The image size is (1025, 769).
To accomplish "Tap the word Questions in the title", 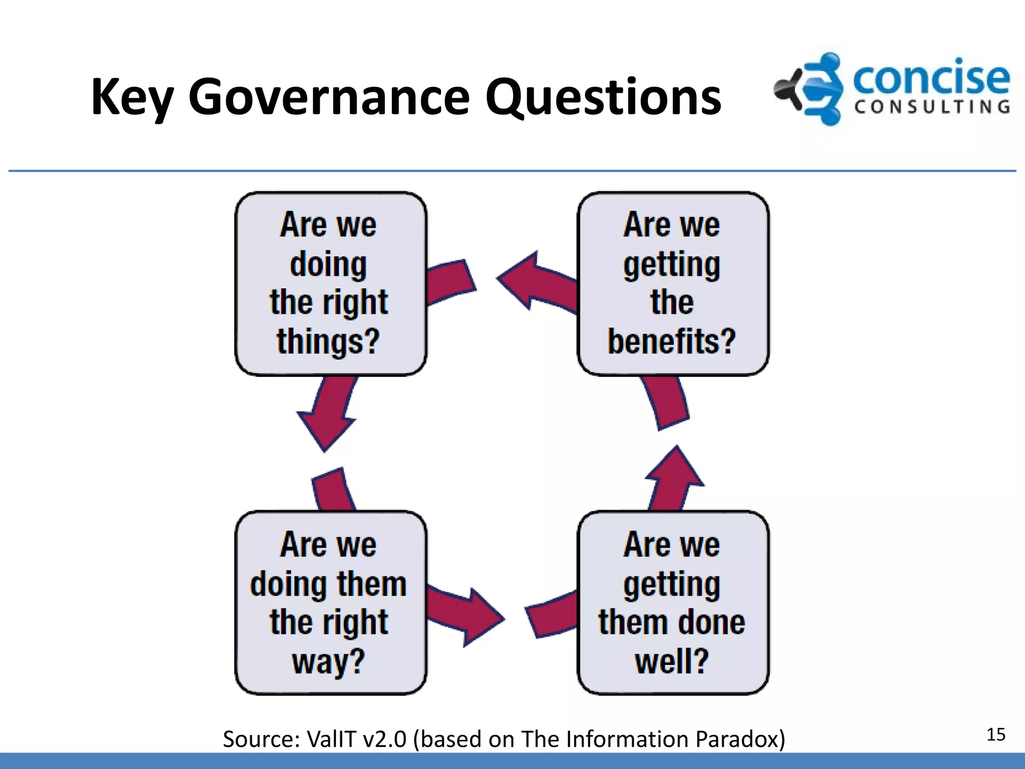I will tap(603, 98).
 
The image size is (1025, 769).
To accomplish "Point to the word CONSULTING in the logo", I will tap(932, 107).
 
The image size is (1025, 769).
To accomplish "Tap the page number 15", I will tap(995, 734).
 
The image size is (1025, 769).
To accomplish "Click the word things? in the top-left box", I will tap(328, 341).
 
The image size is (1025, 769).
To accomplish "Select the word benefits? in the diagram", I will tap(672, 341).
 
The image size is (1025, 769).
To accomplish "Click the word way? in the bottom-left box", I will tap(328, 661).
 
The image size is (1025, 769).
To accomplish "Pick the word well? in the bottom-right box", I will tap(672, 661).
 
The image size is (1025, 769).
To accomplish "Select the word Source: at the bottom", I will tap(261, 739).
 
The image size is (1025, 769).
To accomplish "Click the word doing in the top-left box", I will tap(328, 264).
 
